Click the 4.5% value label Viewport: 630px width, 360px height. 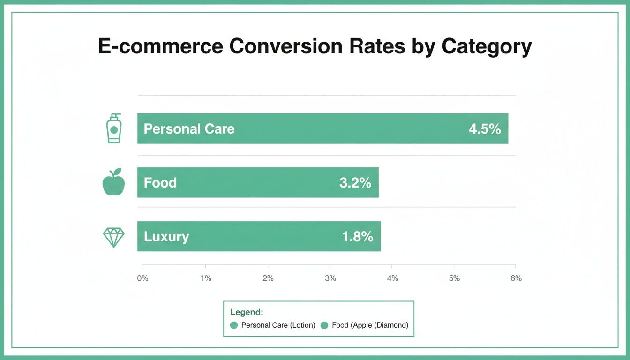(x=485, y=129)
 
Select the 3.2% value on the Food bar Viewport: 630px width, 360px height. (x=355, y=183)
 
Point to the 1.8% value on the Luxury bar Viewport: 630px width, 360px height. (x=357, y=237)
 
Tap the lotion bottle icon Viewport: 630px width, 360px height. (x=113, y=128)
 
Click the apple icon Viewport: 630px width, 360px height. (x=113, y=182)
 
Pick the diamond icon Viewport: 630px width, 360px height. (x=113, y=237)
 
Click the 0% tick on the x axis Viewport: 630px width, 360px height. (x=142, y=278)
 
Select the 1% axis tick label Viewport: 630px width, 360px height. (x=205, y=278)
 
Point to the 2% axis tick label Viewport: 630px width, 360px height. (x=268, y=278)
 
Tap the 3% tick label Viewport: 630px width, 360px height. (x=330, y=278)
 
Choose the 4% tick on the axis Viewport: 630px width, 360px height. (x=392, y=278)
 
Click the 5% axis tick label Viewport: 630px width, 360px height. (x=454, y=278)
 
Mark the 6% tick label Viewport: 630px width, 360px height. (x=516, y=278)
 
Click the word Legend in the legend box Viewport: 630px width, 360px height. (x=247, y=312)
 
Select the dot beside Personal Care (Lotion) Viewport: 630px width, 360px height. (x=234, y=325)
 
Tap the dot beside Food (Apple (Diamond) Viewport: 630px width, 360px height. (x=324, y=325)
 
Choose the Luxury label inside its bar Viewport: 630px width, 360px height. (x=166, y=237)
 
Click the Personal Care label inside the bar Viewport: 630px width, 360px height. (x=189, y=129)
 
